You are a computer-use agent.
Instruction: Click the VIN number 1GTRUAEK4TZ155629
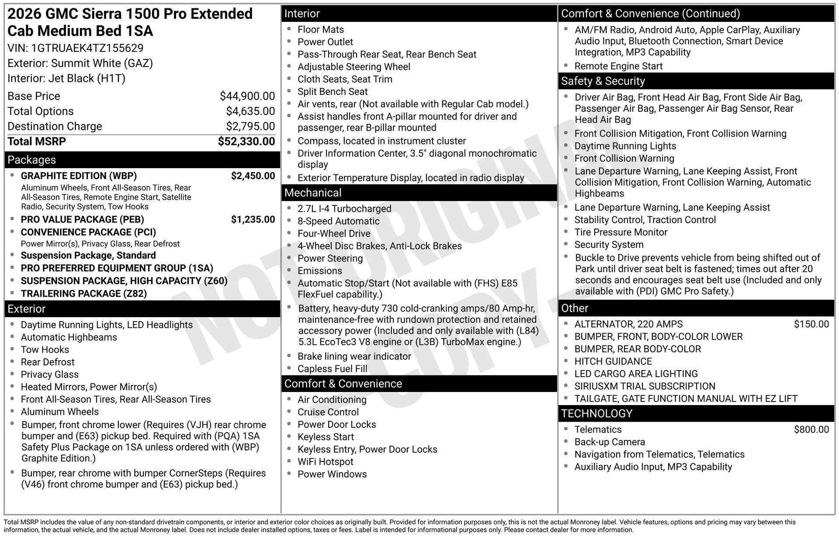click(x=87, y=48)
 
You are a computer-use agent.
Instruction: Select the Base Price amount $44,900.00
click(x=247, y=96)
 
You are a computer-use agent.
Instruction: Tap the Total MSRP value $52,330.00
click(x=246, y=142)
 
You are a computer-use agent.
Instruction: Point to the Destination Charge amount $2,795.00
click(x=250, y=126)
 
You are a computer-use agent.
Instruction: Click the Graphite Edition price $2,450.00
click(x=253, y=176)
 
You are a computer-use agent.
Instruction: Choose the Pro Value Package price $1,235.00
click(x=253, y=219)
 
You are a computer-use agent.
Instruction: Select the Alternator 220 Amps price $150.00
click(x=811, y=324)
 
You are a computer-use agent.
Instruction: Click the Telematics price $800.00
click(x=811, y=430)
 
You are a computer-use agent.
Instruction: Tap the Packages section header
click(x=32, y=160)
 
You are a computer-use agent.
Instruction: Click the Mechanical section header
click(x=313, y=193)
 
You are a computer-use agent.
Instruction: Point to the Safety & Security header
click(x=603, y=81)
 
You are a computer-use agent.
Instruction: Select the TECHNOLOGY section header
click(x=596, y=414)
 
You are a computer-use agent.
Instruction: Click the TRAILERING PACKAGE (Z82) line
click(x=83, y=294)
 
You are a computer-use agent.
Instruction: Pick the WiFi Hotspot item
click(x=325, y=462)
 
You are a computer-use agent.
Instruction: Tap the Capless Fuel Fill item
click(x=332, y=369)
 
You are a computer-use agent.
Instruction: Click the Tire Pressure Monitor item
click(x=621, y=232)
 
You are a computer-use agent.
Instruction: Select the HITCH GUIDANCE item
click(x=613, y=361)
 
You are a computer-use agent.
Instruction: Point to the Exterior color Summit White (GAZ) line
click(x=80, y=63)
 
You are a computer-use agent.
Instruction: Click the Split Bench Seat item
click(x=333, y=92)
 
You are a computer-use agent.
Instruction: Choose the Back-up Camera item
click(x=610, y=442)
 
